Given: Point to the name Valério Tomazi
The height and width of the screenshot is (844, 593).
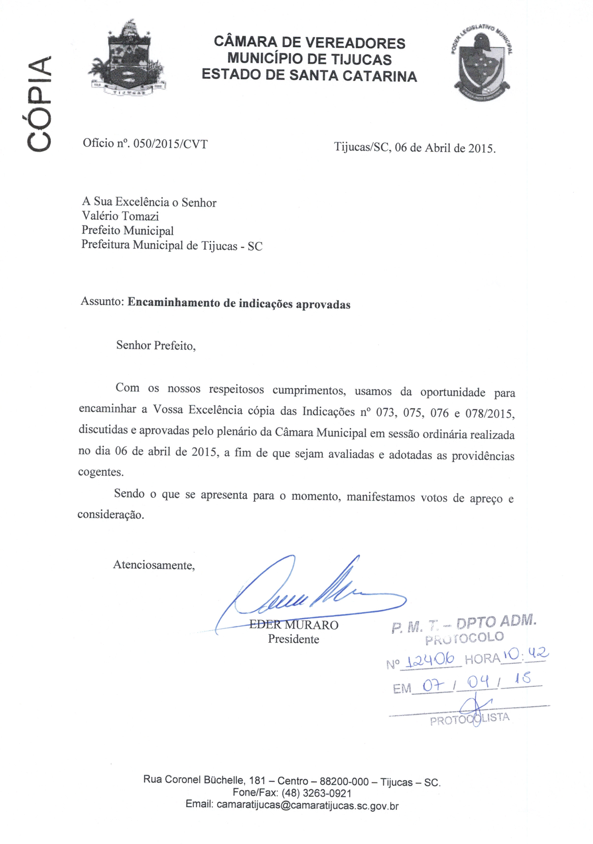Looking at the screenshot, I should click(x=120, y=216).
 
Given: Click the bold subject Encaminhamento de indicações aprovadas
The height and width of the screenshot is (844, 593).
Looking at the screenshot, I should click(x=239, y=304).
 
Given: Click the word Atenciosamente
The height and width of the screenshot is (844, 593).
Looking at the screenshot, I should click(x=154, y=565).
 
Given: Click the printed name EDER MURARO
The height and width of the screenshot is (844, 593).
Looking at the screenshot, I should click(x=294, y=625).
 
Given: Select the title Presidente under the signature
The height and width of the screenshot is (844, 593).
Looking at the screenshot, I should click(x=293, y=639).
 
